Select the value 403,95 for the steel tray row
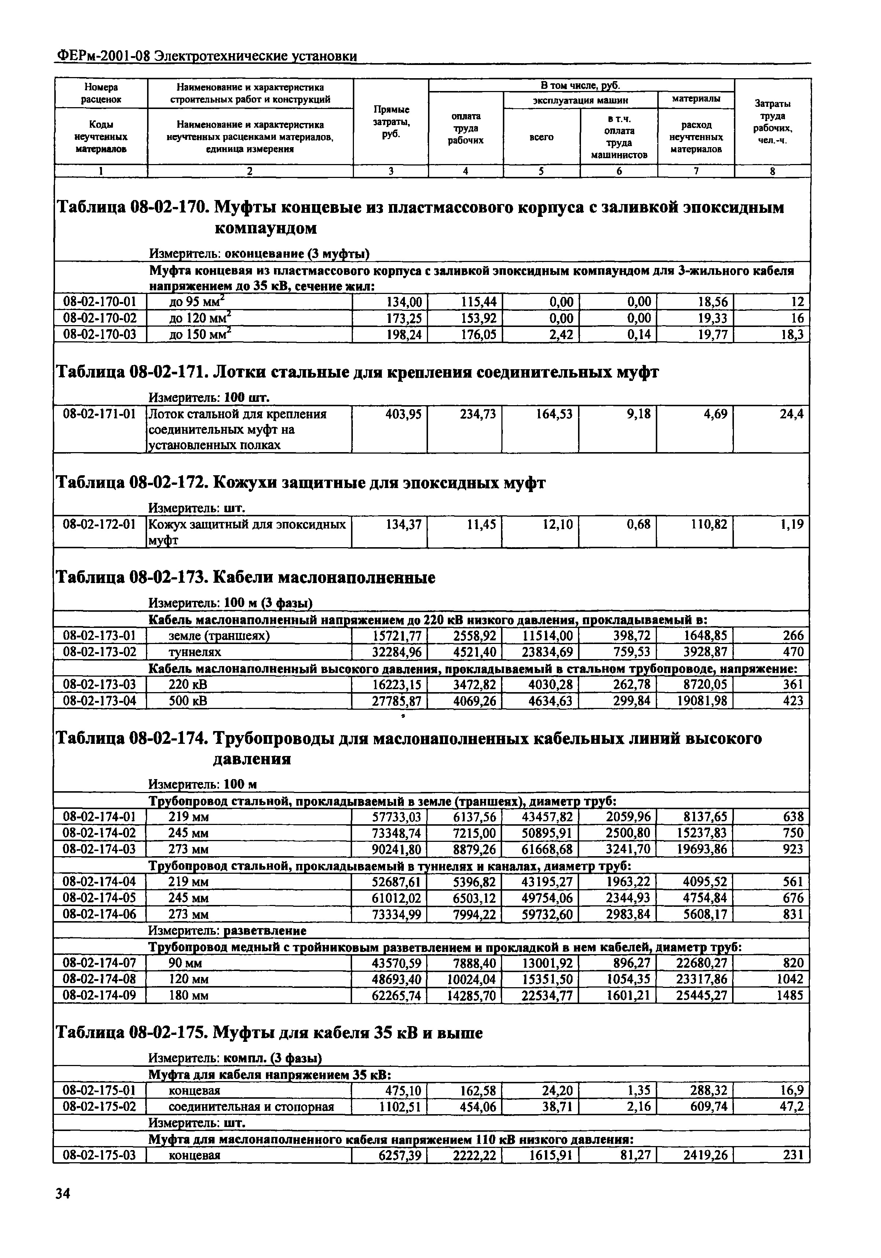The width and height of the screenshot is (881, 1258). [403, 414]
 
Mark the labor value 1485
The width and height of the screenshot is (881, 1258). [790, 995]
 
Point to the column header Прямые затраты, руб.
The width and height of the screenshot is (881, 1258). [391, 121]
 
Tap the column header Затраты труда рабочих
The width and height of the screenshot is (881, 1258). [772, 121]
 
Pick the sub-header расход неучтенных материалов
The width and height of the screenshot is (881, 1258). [695, 137]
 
